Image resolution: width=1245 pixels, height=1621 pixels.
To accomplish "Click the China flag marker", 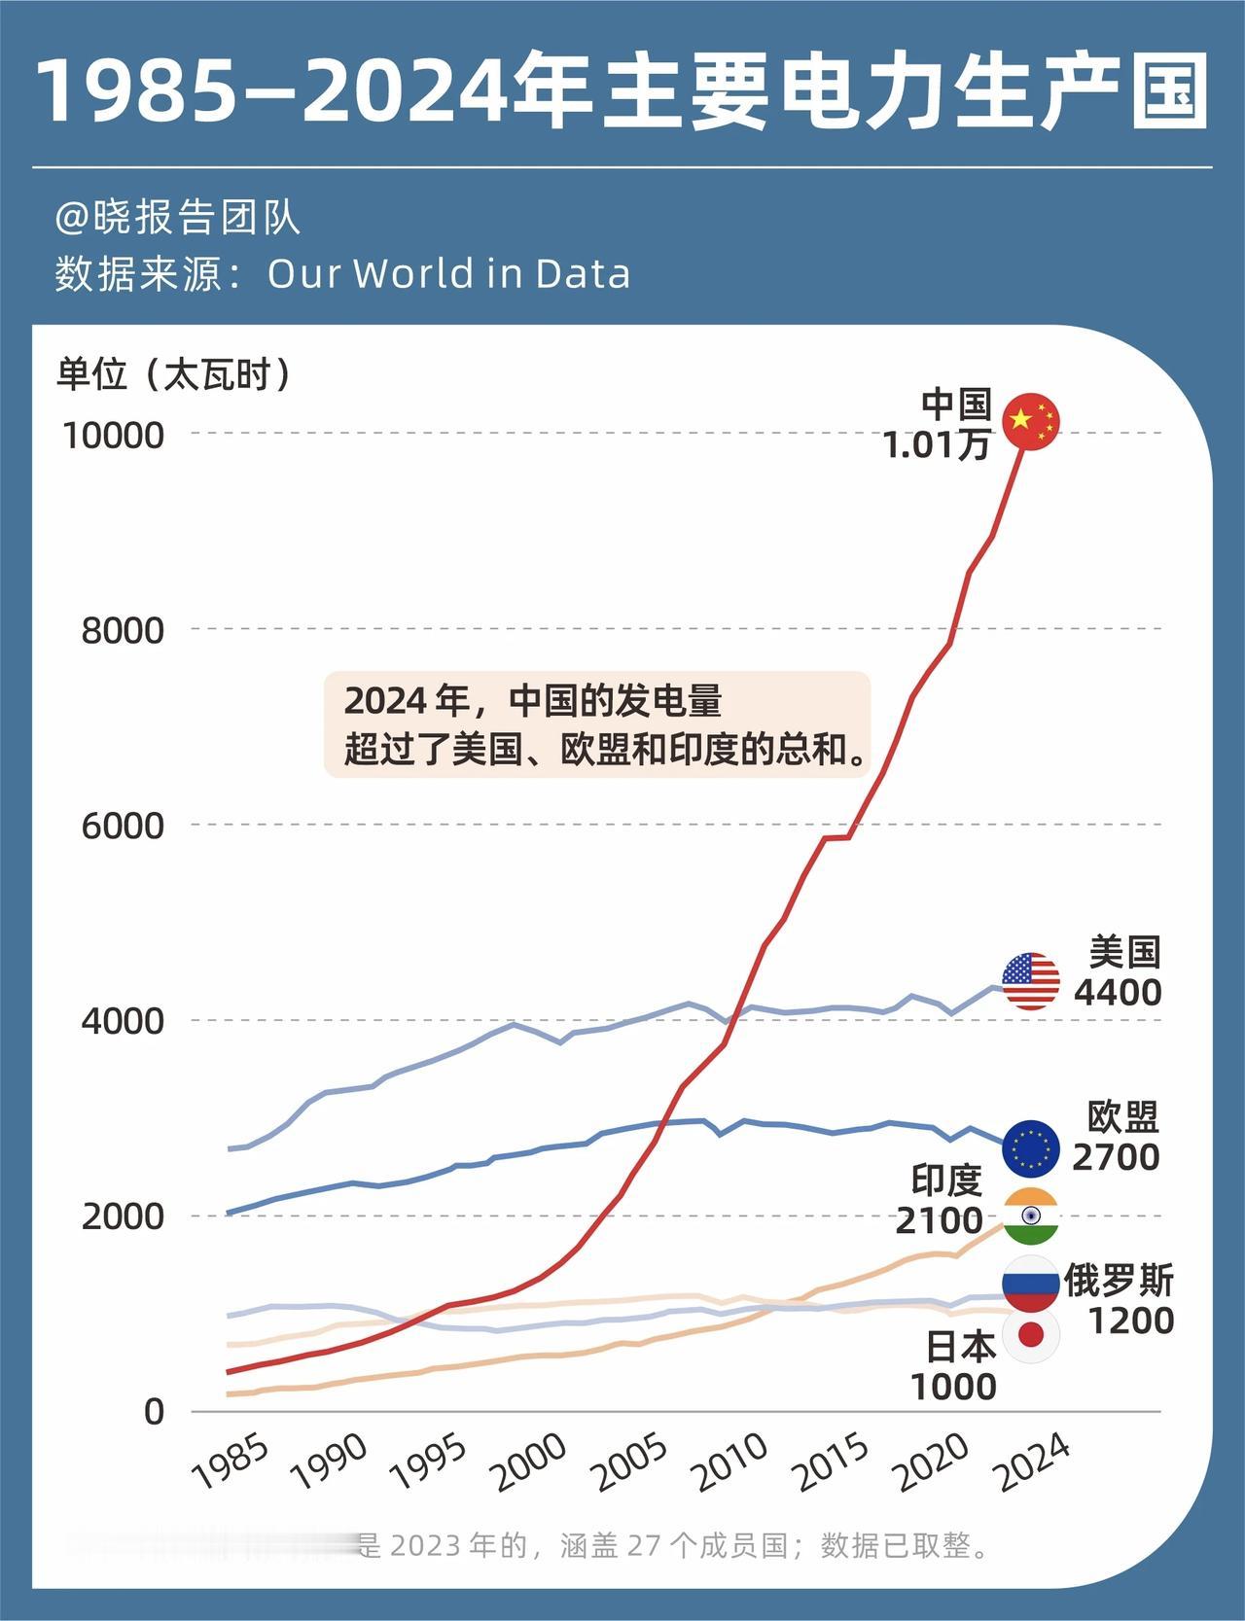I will point(1030,421).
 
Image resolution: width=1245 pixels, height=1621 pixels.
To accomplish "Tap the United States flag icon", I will point(1031,981).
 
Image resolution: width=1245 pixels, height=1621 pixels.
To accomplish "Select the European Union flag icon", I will point(1031,1148).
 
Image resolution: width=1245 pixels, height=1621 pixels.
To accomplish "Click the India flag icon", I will point(1031,1216).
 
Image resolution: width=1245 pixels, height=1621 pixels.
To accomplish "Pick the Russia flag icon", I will point(1031,1283).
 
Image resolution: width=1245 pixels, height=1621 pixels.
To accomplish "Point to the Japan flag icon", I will point(1031,1335).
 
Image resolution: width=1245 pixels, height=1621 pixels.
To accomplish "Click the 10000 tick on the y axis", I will point(113,435).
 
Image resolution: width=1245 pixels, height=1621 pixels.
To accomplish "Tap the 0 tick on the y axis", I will point(154,1412).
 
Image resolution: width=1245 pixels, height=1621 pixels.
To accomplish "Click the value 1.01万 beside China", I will point(936,445).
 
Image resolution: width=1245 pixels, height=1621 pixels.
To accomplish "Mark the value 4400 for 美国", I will point(1118,992).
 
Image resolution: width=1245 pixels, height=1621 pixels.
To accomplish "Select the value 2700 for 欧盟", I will point(1116,1157).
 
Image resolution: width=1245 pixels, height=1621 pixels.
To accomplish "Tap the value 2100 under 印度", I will point(939,1219).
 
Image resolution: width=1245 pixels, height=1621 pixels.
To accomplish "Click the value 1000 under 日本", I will point(953,1386).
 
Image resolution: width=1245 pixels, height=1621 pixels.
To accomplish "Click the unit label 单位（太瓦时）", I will point(175,374).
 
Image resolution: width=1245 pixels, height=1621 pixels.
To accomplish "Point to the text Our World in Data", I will point(448,273).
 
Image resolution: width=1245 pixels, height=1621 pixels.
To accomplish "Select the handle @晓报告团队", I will point(177,217).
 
